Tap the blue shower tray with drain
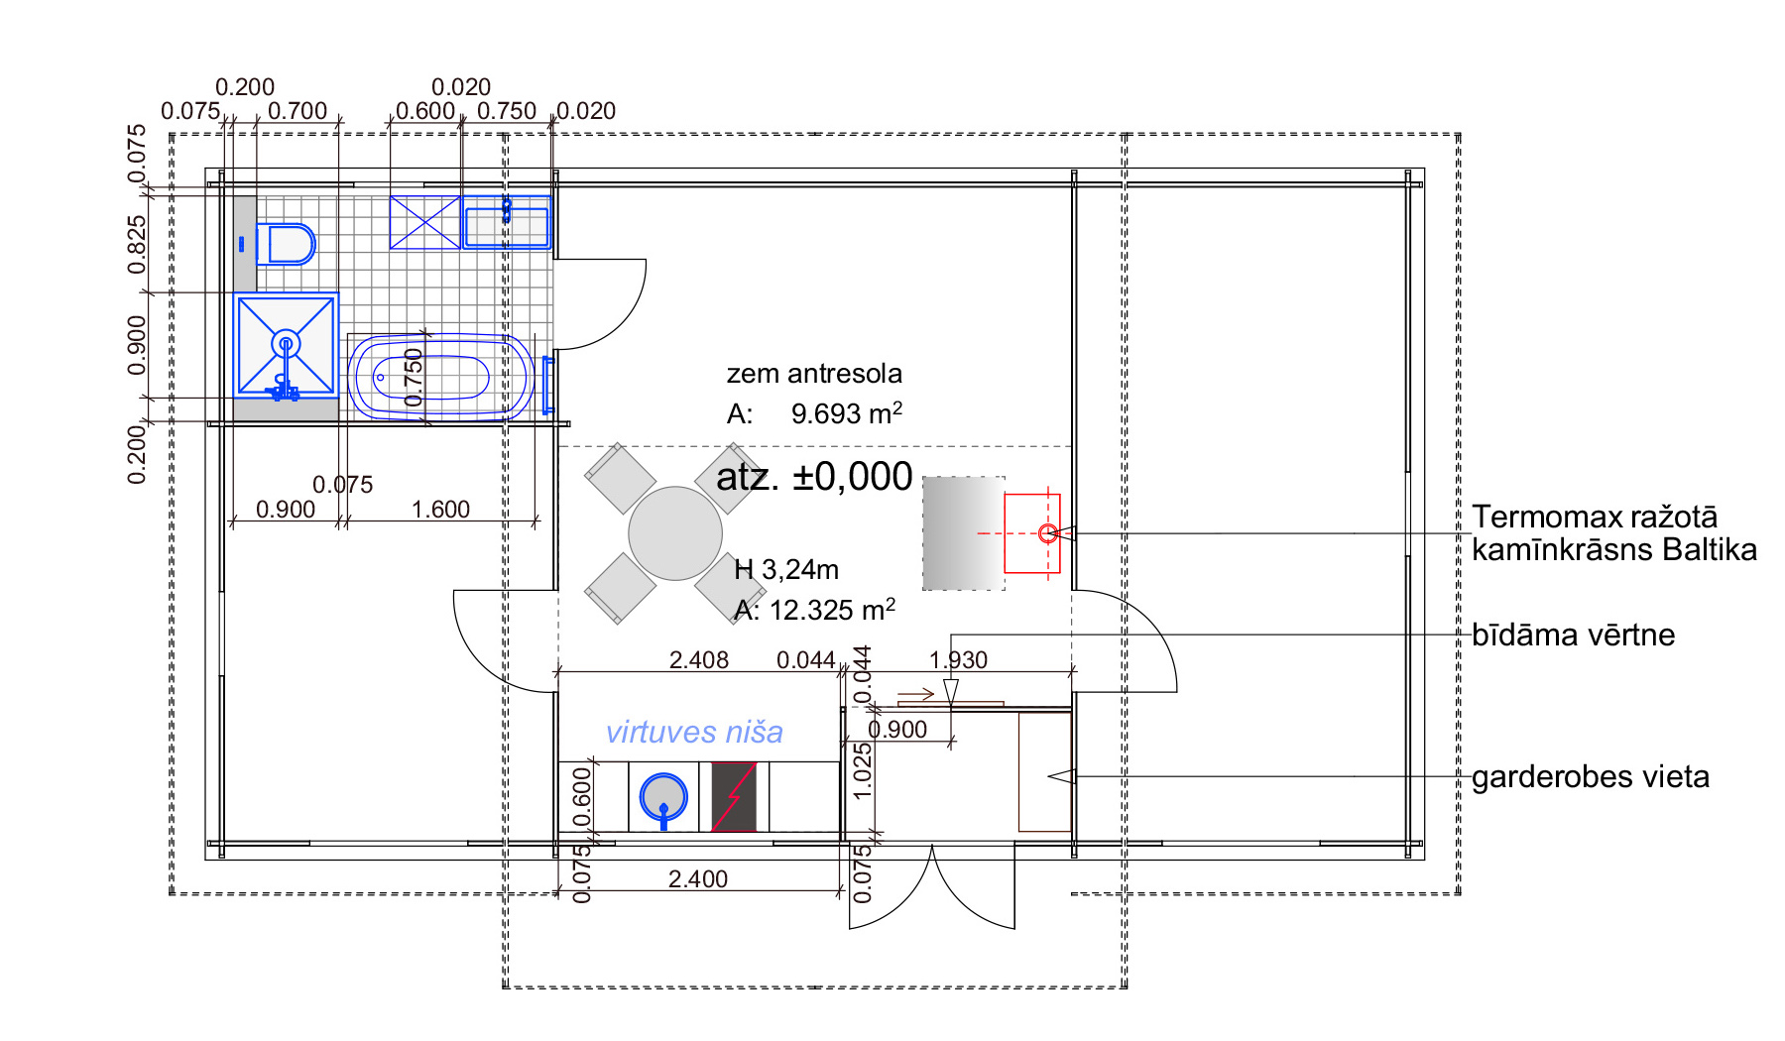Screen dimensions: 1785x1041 (x=286, y=345)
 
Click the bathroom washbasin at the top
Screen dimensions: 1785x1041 (x=506, y=222)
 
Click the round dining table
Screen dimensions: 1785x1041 (x=675, y=533)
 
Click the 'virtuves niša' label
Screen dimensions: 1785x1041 (x=694, y=733)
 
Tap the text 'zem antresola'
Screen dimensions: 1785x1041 (x=814, y=374)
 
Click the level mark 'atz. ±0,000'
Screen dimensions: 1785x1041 (x=814, y=477)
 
